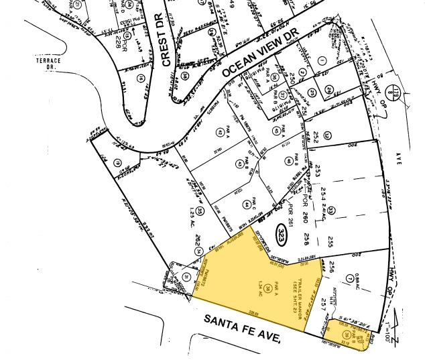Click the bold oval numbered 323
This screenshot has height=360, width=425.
282,235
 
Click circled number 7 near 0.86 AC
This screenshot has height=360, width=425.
350,278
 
